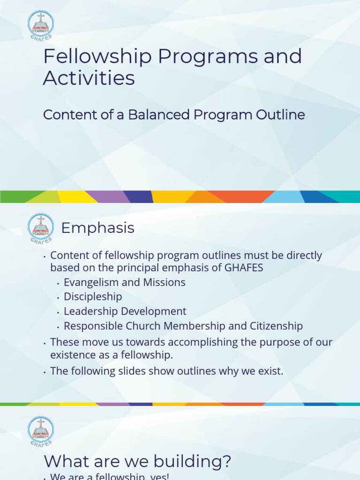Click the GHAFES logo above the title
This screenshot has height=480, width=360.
41,24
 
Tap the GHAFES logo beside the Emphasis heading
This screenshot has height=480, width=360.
41,228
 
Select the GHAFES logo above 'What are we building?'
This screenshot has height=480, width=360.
41,429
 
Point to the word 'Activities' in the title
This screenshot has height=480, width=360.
89,78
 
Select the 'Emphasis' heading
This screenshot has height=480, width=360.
97,228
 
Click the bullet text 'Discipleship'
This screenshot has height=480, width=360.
93,297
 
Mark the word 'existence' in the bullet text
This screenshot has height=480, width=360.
72,354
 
